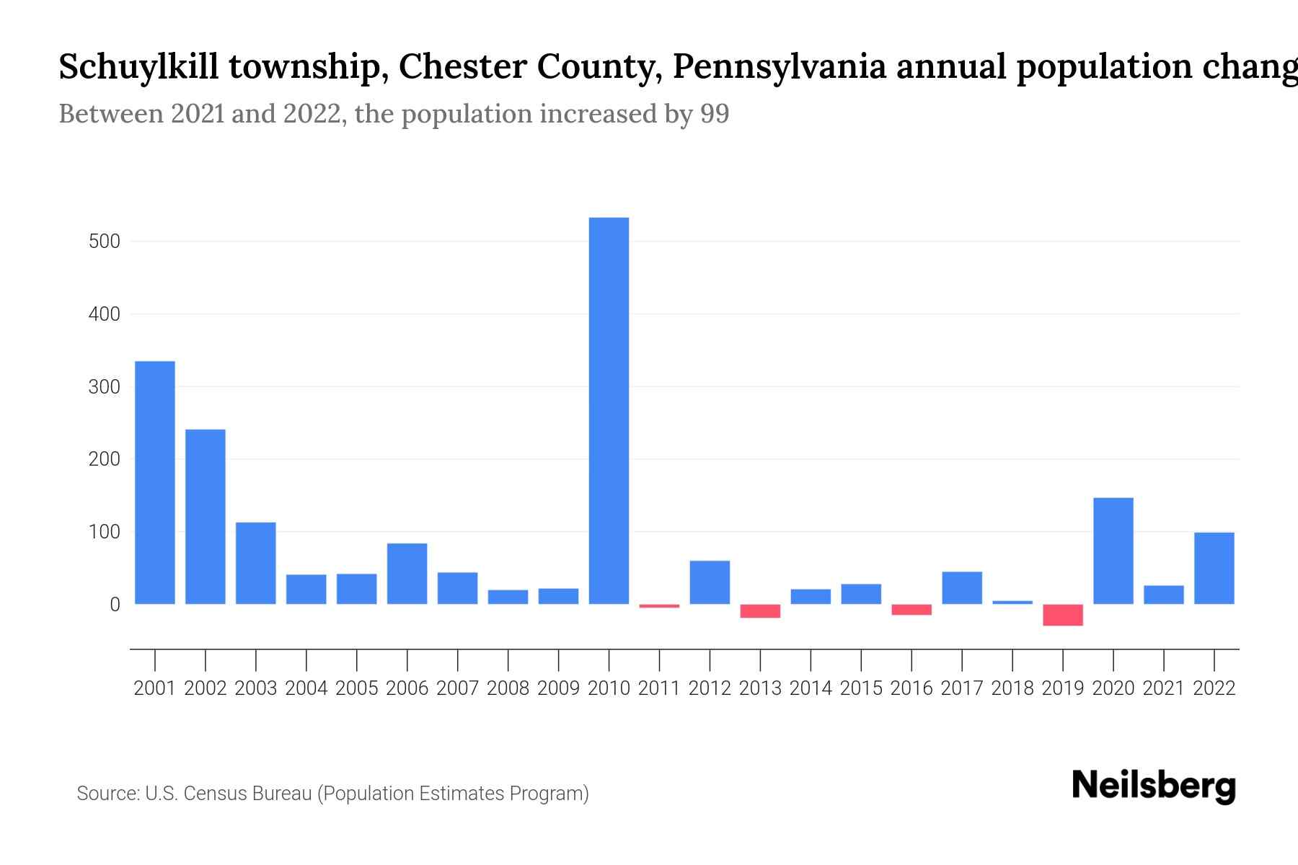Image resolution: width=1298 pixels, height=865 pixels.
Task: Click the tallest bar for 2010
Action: pos(609,411)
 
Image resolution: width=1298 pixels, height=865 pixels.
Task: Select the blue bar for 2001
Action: pos(155,482)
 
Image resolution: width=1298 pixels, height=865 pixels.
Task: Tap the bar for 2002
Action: pos(206,516)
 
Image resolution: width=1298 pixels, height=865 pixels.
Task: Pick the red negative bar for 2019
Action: pos(1063,615)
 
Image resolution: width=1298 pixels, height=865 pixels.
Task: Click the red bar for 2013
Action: pos(760,611)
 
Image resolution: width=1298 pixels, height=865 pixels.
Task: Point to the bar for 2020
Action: pos(1113,551)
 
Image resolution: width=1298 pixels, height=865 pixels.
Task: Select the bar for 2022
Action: pos(1214,568)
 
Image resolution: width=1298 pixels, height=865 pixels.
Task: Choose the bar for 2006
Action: pos(407,574)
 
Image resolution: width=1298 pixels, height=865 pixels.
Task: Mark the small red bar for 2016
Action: pos(911,610)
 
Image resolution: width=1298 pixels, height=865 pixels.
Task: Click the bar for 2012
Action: pos(710,582)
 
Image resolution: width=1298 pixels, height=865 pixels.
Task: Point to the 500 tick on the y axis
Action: pos(105,241)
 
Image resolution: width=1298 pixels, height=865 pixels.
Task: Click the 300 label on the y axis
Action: pos(105,387)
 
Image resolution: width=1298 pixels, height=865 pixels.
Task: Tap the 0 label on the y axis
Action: pos(115,605)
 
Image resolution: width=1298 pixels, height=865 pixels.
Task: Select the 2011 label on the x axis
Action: pos(659,688)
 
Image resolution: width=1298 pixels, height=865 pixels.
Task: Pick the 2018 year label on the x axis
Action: pos(1012,688)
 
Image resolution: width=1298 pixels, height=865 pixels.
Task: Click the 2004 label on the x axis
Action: pos(306,688)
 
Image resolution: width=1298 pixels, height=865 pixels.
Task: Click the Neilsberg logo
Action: pos(1154,786)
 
